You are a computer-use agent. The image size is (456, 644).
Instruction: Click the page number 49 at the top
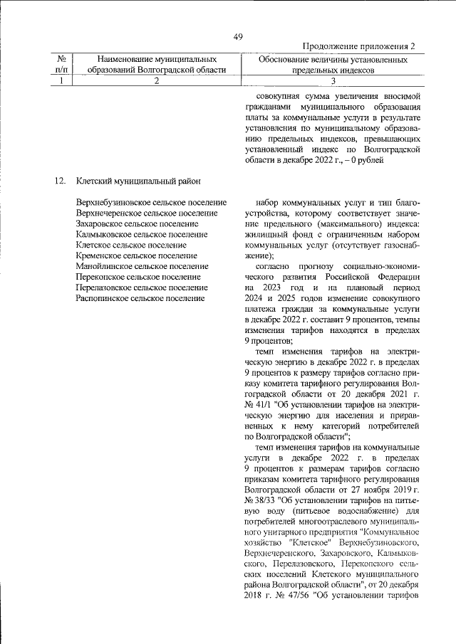coord(238,37)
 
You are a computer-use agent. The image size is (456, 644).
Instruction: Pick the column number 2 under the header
coord(156,80)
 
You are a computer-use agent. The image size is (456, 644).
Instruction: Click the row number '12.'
coord(60,181)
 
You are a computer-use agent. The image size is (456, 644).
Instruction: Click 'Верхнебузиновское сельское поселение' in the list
coord(151,203)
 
